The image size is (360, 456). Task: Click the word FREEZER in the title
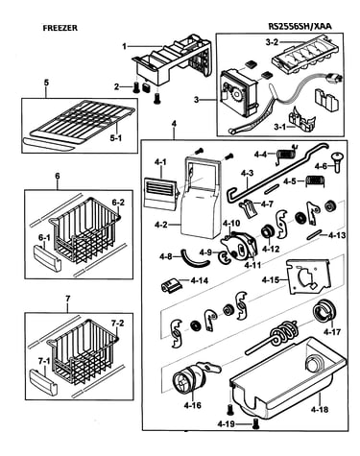pos(60,28)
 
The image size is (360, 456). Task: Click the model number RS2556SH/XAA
pos(300,26)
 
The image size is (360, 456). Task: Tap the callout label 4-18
pos(319,409)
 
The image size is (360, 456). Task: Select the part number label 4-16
pos(193,405)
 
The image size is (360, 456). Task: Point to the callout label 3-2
pos(272,42)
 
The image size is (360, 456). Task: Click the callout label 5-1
pos(115,138)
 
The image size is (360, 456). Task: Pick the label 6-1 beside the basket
pos(44,237)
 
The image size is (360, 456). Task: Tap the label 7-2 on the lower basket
pos(117,324)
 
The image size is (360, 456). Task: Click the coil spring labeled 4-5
pos(316,180)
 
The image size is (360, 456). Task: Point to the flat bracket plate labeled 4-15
pos(307,276)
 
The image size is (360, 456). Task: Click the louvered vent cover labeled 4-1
pos(160,194)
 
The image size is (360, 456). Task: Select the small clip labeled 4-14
pos(171,284)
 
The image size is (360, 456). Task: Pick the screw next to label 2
pos(136,86)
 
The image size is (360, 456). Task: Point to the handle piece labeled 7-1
pos(43,381)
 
